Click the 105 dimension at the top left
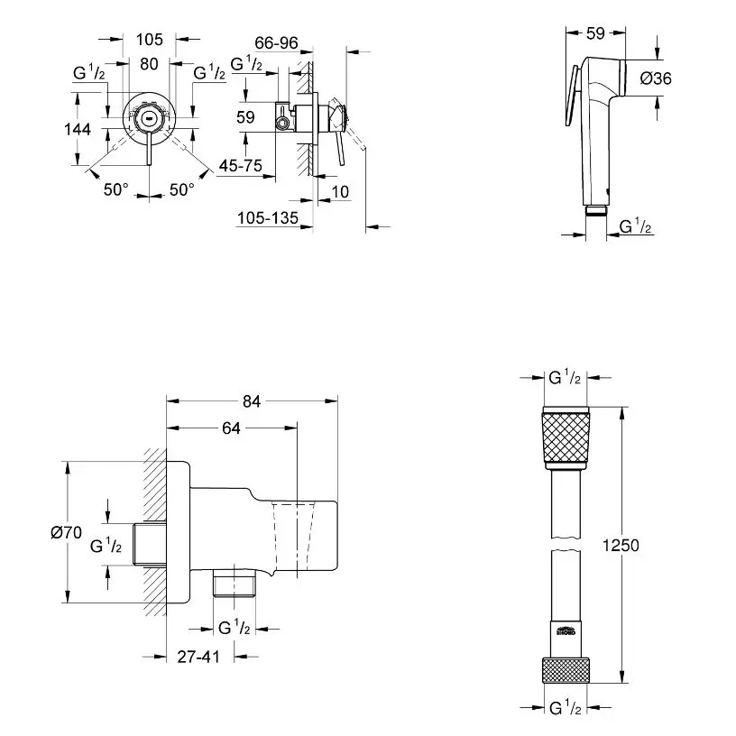[x=149, y=39]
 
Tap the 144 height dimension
[x=78, y=129]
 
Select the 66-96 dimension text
[x=276, y=42]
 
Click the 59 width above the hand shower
[x=594, y=33]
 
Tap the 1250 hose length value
[x=621, y=546]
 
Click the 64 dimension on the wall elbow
[x=231, y=429]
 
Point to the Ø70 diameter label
[x=53, y=533]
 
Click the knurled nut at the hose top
[x=566, y=440]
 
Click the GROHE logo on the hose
[x=566, y=630]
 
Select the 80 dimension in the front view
[x=149, y=65]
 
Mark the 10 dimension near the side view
[x=339, y=191]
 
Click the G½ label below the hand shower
[x=636, y=228]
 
